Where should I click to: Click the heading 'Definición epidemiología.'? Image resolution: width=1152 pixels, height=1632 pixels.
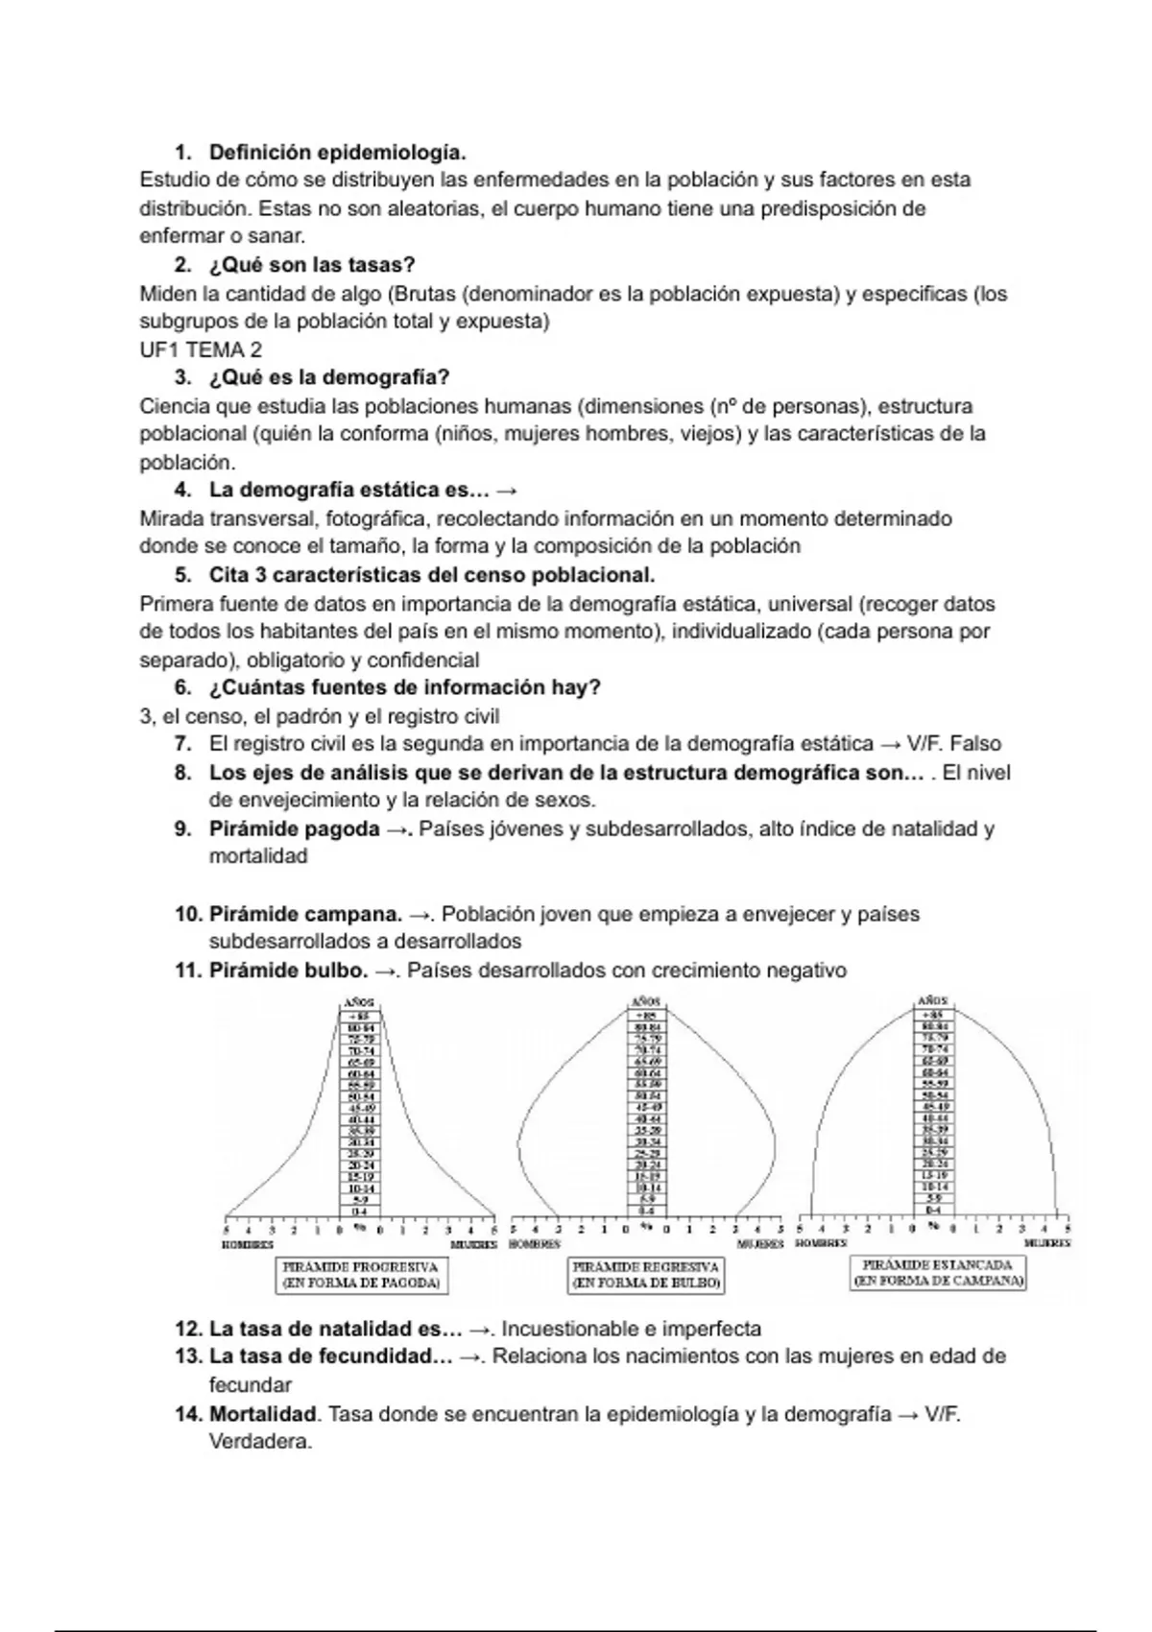coord(337,153)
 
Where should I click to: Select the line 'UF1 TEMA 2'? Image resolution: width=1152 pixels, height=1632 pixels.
coord(201,349)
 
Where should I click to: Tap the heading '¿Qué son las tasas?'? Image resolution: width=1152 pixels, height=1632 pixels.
coord(312,265)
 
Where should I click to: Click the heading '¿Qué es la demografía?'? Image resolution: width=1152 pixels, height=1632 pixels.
coord(329,377)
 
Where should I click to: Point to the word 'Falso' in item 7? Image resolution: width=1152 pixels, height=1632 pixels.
coord(974,744)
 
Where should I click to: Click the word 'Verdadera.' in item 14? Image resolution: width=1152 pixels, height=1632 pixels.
coord(260,1442)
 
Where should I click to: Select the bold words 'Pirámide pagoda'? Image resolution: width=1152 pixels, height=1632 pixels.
coord(294,828)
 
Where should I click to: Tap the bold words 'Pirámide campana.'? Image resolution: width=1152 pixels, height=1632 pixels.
coord(305,914)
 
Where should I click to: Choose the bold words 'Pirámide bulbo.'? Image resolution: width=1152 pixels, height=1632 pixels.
coord(288,971)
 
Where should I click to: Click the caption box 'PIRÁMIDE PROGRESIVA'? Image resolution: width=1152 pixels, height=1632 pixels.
coord(361,1275)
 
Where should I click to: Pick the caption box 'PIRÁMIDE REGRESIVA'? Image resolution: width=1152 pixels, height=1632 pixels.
coord(646,1275)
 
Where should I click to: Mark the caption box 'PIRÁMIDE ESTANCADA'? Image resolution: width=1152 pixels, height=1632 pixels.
coord(938,1273)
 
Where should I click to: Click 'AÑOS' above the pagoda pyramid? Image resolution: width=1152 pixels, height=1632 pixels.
coord(359,1003)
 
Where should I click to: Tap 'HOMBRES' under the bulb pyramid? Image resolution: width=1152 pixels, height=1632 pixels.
coord(534,1244)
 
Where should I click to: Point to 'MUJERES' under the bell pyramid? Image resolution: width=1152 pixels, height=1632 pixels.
coord(1046,1243)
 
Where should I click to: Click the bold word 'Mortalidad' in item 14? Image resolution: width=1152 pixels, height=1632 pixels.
coord(263,1414)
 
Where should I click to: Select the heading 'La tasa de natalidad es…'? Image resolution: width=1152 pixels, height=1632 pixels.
coord(335,1330)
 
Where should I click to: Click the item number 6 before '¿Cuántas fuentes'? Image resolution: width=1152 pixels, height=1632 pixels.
coord(182,688)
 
